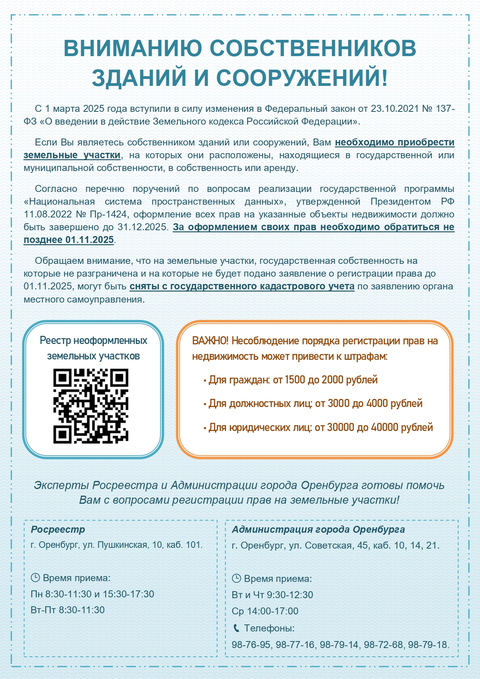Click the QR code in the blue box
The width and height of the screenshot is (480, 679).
[x=91, y=406]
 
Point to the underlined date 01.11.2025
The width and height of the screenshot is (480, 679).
[x=89, y=240]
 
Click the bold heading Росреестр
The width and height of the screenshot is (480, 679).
[x=58, y=529]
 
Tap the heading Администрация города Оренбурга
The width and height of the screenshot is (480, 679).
[x=318, y=529]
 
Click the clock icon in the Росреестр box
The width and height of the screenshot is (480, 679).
[x=35, y=578]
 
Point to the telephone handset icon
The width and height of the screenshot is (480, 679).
[x=236, y=628]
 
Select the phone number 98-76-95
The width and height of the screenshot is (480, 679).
[x=251, y=645]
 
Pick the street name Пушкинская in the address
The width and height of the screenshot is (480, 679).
[x=123, y=545]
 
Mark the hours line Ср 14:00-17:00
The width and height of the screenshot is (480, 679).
[x=265, y=611]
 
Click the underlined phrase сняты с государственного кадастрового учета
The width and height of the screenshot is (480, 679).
[x=242, y=286]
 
